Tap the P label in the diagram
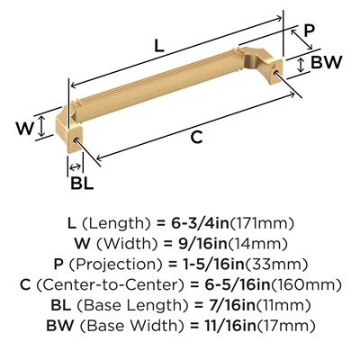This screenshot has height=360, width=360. point(310,31)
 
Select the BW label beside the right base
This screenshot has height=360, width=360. point(326,62)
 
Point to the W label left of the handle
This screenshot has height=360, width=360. point(25,129)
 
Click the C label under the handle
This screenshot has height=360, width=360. point(196,138)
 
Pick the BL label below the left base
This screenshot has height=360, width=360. point(82,183)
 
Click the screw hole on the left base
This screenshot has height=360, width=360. point(77,139)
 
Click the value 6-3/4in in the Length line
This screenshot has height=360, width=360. point(200,223)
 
